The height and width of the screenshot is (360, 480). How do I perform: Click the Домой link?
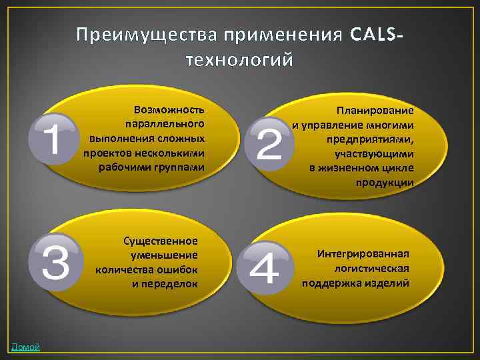[25, 347]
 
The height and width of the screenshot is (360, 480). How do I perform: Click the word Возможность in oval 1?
[169, 109]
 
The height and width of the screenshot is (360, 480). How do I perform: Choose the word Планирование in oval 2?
[375, 110]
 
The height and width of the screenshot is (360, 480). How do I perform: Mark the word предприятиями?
[370, 139]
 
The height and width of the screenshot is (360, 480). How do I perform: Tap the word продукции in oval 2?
[385, 182]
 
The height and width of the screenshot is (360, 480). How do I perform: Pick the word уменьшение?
[165, 255]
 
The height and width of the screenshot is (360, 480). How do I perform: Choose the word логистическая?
[371, 268]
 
